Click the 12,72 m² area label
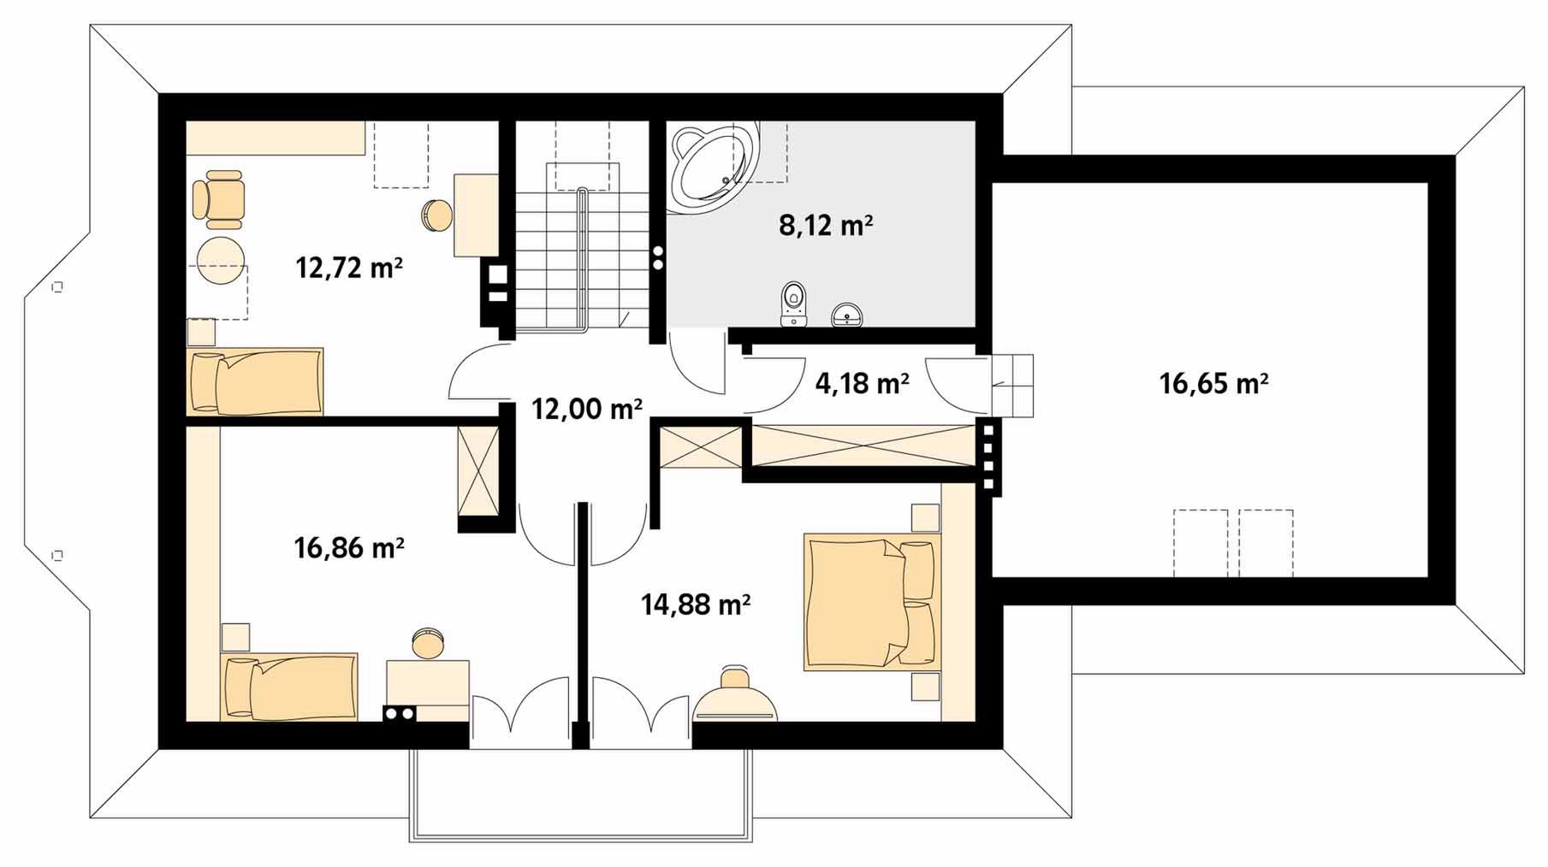coord(349,268)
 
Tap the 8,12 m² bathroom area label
coord(826,225)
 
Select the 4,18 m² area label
coord(862,384)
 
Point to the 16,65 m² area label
coord(1213,383)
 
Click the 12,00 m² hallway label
coord(587,410)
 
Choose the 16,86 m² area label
coord(349,547)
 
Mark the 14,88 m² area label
coord(696,605)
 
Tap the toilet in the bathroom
coord(794,304)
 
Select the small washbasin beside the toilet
coord(848,315)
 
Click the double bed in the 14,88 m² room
coord(872,602)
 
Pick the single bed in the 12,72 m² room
coord(255,381)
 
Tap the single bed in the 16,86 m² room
coord(288,687)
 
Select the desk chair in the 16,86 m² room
coord(427,643)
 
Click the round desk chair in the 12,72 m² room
coord(437,215)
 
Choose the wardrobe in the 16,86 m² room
coord(478,471)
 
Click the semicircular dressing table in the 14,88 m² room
coord(734,694)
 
